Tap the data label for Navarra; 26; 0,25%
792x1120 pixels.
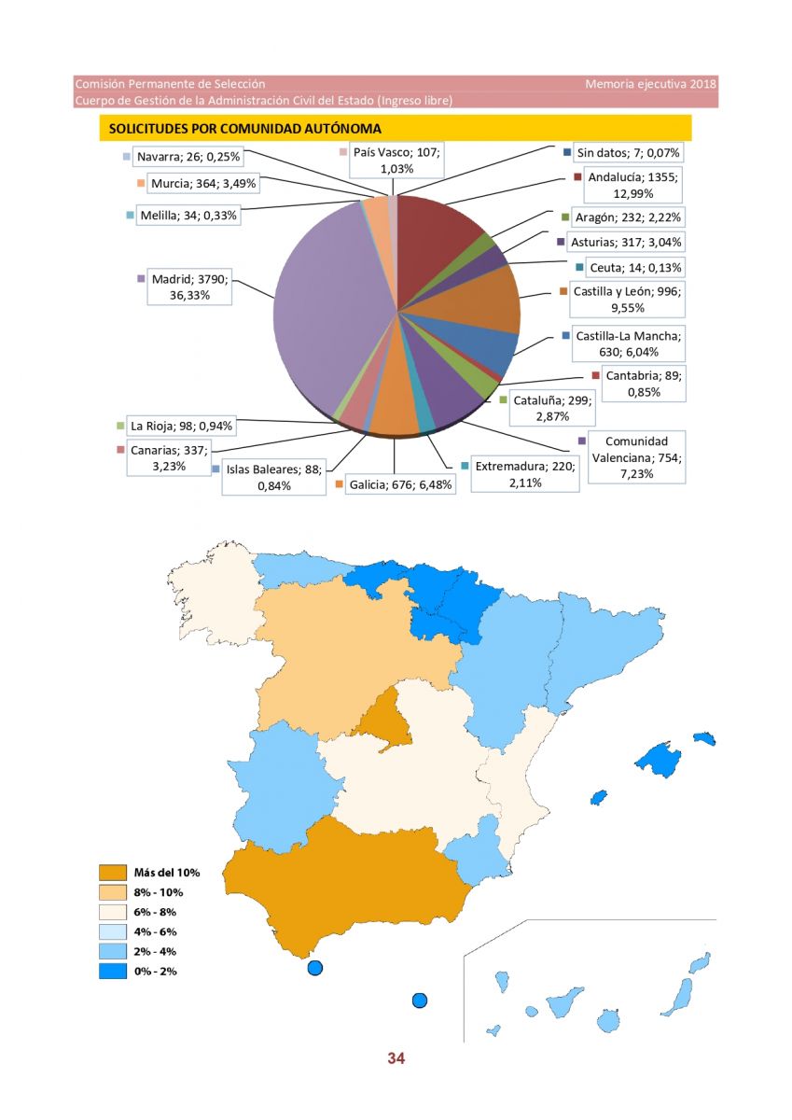(188, 157)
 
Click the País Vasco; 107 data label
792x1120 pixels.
(396, 160)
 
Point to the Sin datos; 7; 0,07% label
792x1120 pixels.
(628, 153)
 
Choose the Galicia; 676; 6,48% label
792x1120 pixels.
(400, 484)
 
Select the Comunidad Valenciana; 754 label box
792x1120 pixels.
(636, 457)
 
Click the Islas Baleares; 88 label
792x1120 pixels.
(274, 477)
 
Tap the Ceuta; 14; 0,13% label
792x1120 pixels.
(635, 268)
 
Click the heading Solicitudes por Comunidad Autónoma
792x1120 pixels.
(244, 129)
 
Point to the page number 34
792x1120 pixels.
(396, 1058)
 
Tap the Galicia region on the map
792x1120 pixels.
(213, 595)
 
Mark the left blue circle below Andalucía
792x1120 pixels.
(314, 968)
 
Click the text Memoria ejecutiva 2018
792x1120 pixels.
(650, 84)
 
